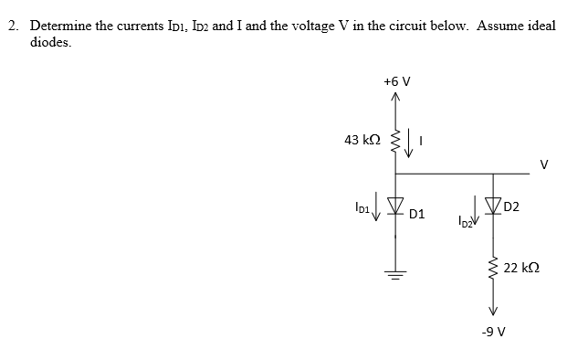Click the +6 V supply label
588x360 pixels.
click(x=396, y=81)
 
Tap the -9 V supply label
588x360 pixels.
click(x=493, y=331)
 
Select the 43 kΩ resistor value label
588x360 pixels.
click(x=362, y=140)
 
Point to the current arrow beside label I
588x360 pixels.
click(x=409, y=142)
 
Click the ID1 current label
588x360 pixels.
click(x=365, y=208)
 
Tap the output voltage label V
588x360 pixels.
click(x=544, y=165)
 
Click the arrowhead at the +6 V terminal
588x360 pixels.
click(x=395, y=99)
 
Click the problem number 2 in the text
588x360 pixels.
click(x=13, y=25)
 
